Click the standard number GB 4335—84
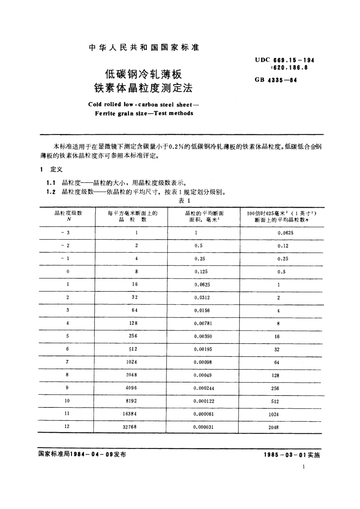click(276, 80)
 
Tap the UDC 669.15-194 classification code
click(284, 60)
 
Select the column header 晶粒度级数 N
click(68, 216)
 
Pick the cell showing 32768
click(130, 427)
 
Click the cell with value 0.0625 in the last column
click(285, 233)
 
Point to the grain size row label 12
click(67, 426)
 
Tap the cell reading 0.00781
click(203, 323)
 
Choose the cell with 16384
click(130, 414)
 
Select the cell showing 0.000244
click(204, 388)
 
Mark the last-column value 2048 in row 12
click(273, 427)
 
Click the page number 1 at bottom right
click(303, 467)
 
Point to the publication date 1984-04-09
click(91, 454)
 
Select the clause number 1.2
click(51, 192)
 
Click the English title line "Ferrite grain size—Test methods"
click(144, 113)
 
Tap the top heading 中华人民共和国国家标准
click(144, 47)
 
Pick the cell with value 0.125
click(201, 271)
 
